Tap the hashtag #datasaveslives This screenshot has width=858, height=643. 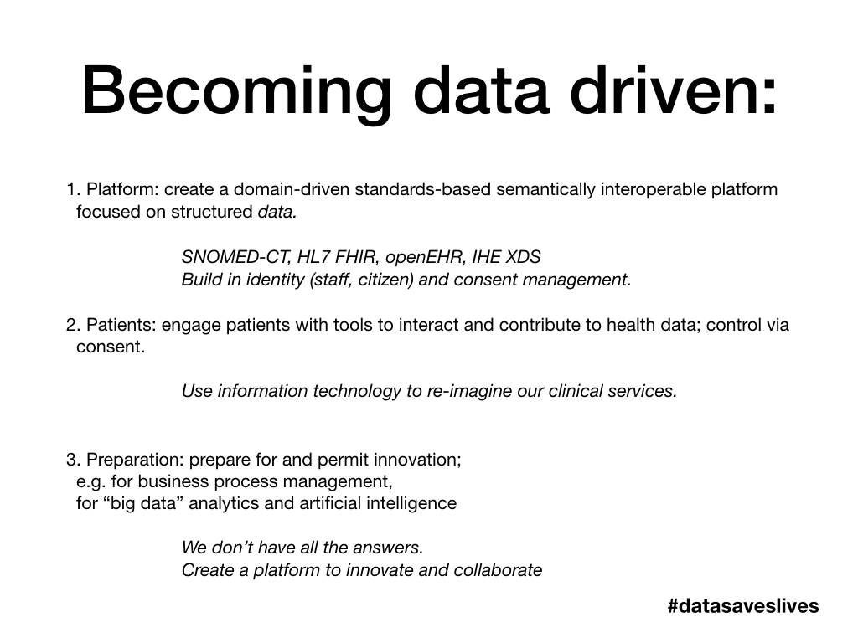coord(743,605)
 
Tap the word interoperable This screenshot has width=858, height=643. coord(654,188)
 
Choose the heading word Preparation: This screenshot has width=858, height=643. coord(136,460)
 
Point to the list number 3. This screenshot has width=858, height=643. coord(72,460)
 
